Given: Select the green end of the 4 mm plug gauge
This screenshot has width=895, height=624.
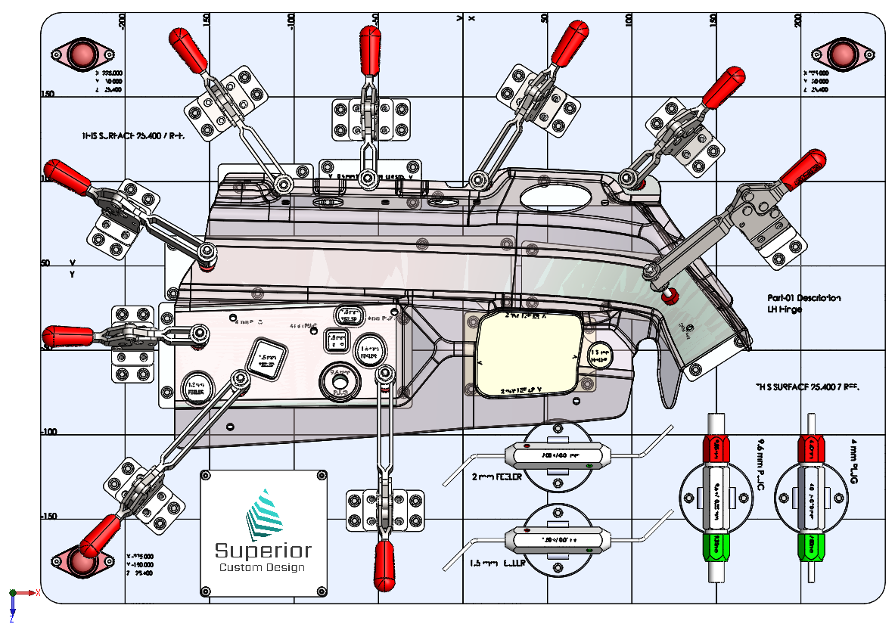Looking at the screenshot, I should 810,545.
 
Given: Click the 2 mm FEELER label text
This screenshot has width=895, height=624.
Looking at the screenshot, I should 496,478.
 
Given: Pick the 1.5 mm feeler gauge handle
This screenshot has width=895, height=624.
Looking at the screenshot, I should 557,540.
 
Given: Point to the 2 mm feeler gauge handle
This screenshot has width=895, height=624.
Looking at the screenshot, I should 557,456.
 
